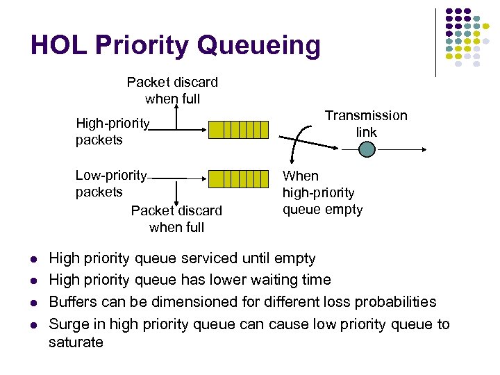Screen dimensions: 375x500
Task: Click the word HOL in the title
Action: (x=58, y=46)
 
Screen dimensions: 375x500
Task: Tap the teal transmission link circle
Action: (x=367, y=149)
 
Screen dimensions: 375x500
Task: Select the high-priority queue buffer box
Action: (x=238, y=130)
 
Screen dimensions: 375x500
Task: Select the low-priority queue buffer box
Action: (x=238, y=179)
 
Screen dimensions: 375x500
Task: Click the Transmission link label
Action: (x=366, y=124)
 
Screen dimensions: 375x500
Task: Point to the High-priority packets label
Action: (x=112, y=132)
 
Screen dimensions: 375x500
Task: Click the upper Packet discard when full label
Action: (x=172, y=90)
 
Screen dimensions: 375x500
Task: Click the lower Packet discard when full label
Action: (x=176, y=219)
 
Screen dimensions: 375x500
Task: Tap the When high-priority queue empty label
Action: (x=322, y=193)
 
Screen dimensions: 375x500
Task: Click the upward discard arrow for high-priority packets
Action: (x=176, y=115)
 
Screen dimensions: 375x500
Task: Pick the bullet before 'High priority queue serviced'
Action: (x=33, y=260)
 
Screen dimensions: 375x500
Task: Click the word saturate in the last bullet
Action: (x=76, y=342)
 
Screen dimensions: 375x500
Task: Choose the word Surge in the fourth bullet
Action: (x=68, y=324)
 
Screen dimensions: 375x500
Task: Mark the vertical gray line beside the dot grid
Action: (x=436, y=42)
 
